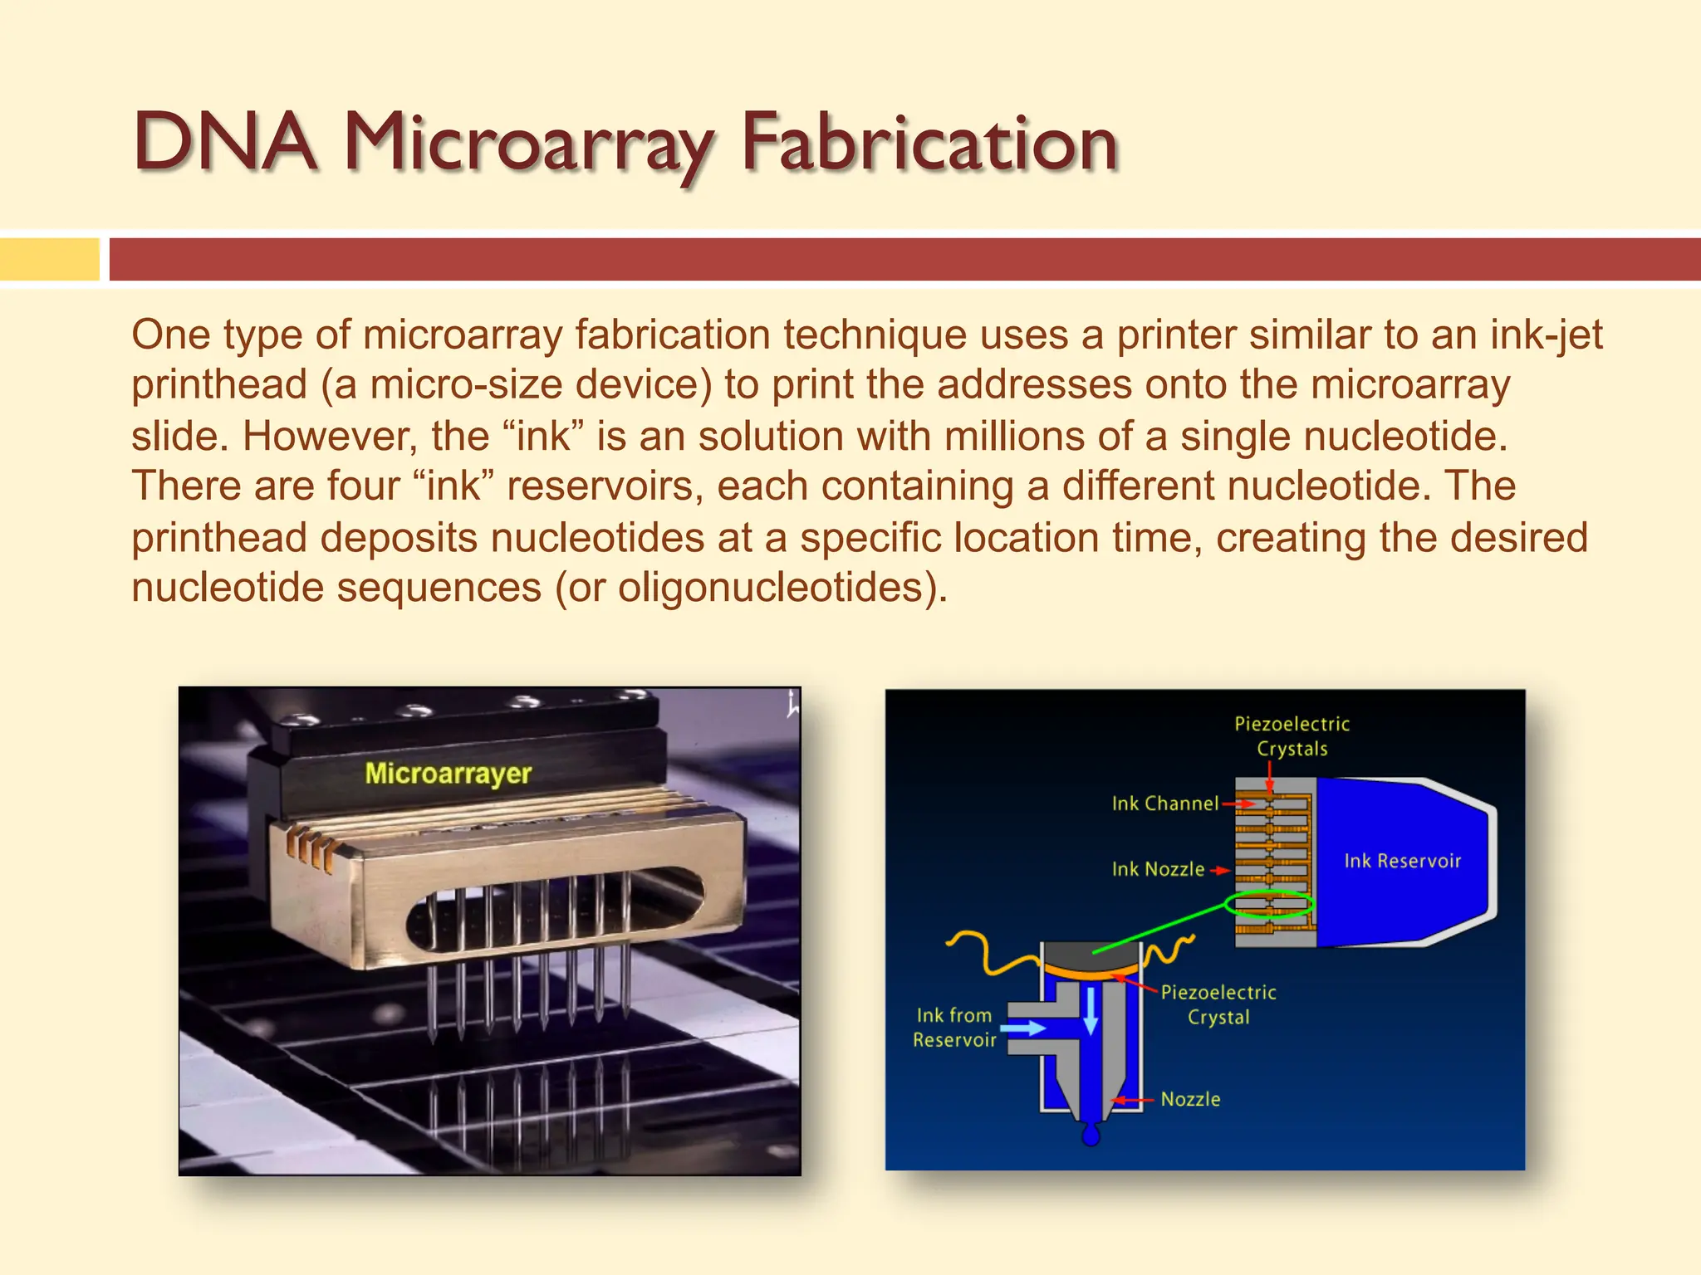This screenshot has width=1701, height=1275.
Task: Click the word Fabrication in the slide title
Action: click(929, 143)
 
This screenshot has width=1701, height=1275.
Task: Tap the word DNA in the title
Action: click(224, 143)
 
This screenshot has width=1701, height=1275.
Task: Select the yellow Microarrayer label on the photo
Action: click(448, 774)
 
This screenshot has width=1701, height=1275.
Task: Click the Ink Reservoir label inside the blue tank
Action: click(1402, 861)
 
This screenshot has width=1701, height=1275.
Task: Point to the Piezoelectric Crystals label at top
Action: click(1292, 736)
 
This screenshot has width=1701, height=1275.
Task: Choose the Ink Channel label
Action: click(1164, 804)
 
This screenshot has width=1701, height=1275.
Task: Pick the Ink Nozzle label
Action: click(1158, 869)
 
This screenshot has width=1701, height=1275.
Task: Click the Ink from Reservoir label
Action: click(954, 1028)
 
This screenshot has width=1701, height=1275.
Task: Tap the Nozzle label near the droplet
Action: click(1190, 1099)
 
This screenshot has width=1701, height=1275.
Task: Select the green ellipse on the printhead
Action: click(1269, 904)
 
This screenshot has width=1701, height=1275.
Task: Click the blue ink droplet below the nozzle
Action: click(1091, 1134)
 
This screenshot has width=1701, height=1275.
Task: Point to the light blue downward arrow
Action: click(1091, 1011)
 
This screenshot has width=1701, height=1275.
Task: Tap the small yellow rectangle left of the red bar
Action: click(49, 259)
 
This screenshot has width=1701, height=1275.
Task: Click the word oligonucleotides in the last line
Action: click(777, 588)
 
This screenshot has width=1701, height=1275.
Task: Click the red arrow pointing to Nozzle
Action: click(1131, 1101)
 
